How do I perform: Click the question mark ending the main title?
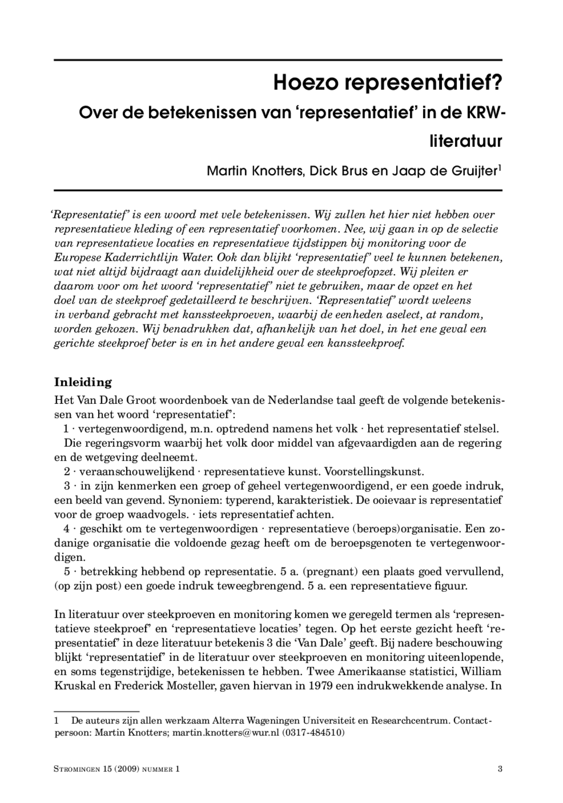[x=496, y=82]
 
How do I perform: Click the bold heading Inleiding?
[x=83, y=382]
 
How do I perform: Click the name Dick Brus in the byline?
[x=339, y=171]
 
